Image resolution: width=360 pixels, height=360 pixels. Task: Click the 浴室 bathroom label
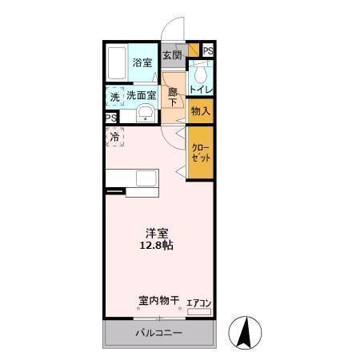pos(142,62)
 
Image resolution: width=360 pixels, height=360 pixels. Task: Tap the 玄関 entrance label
pos(172,55)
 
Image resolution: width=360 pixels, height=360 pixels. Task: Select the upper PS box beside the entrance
pos(207,51)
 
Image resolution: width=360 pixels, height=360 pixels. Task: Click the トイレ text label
pos(201,90)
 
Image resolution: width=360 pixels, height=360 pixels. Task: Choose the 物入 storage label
pos(201,111)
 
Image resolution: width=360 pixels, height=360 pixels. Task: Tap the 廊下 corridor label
pos(173,97)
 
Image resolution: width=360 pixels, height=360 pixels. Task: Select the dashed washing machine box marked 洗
pos(115,95)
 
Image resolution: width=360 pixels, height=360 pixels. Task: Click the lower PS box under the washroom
pos(111,118)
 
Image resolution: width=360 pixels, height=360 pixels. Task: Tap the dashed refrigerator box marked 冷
pos(115,137)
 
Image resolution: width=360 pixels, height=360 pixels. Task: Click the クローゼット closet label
pos(201,154)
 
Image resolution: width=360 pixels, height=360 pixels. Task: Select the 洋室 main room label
pos(157,234)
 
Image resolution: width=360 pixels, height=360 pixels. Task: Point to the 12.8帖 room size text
pos(157,246)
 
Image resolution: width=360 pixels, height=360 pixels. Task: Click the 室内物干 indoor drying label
pos(158,302)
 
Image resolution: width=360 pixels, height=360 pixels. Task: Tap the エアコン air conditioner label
pos(198,303)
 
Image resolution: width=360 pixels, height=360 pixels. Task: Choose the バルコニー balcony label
pos(158,333)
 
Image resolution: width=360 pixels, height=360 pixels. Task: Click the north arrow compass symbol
pos(246,332)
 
